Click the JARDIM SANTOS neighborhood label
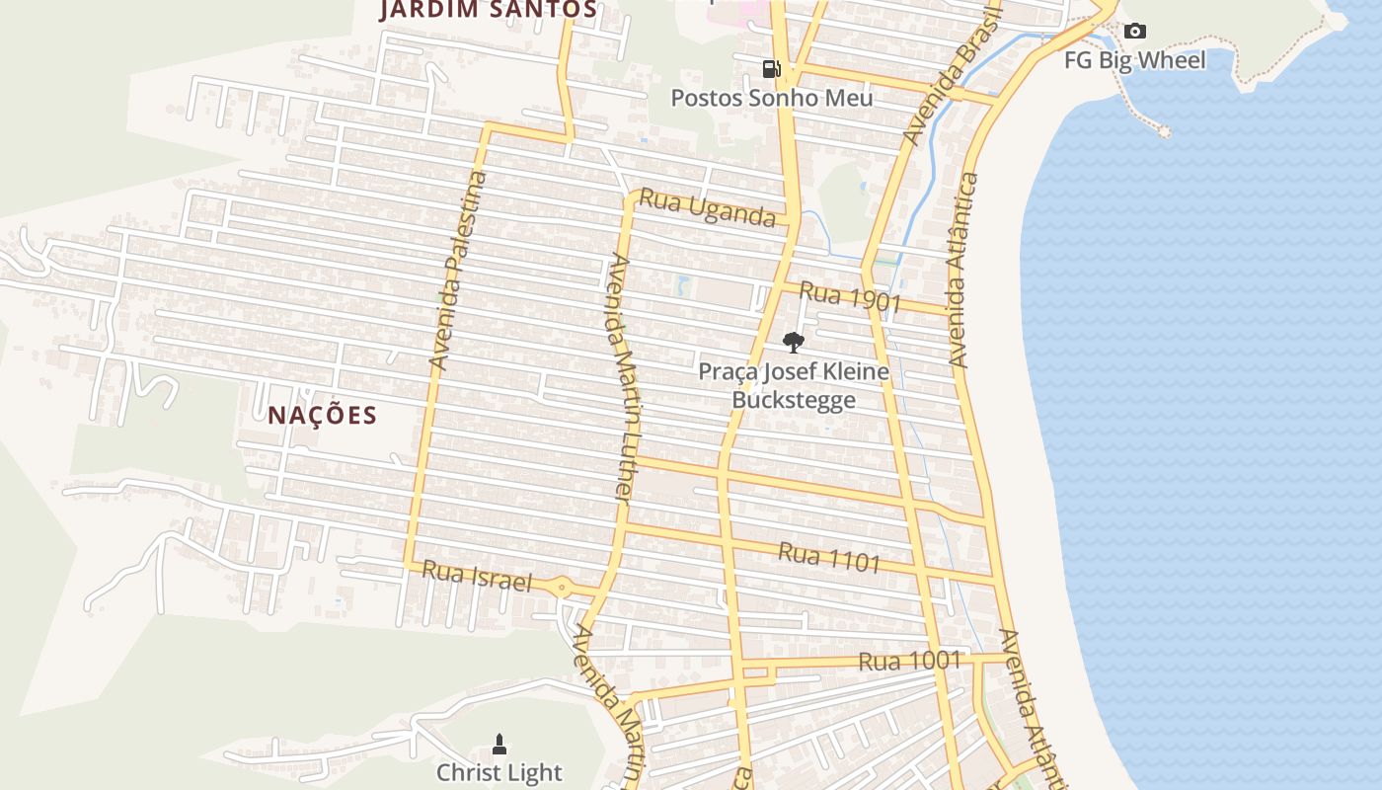pos(490,10)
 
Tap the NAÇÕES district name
pos(323,415)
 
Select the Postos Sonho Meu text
pos(772,98)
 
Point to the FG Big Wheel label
pos(1134,60)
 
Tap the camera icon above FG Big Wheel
pos(1135,32)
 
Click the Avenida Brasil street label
pos(955,74)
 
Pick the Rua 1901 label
pos(850,297)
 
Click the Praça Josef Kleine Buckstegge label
pos(794,385)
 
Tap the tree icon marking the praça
pos(793,343)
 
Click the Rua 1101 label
pos(829,557)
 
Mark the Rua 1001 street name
pos(909,661)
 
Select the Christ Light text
pos(499,772)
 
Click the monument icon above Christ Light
pos(499,744)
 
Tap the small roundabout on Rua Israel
pos(562,588)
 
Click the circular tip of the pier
pos(1165,131)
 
